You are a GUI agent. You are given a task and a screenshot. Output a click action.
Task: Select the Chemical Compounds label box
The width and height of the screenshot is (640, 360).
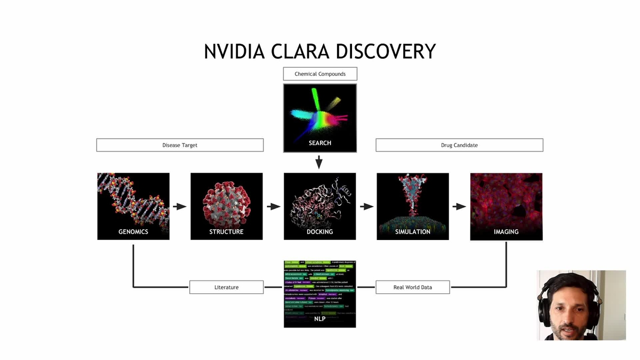coord(320,74)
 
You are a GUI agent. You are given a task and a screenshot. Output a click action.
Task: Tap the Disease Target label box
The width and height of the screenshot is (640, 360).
coord(180,145)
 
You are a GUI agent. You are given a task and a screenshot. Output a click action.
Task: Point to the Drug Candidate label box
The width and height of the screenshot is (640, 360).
coord(459,145)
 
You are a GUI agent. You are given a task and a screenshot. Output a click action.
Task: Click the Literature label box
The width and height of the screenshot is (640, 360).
coord(226,287)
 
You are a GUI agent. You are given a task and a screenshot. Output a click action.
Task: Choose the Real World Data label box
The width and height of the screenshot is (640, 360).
coord(412,287)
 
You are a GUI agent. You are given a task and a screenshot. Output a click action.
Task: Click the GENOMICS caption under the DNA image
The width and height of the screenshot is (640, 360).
coord(133,232)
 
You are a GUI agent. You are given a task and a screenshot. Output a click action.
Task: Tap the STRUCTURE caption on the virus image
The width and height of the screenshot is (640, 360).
coord(226,232)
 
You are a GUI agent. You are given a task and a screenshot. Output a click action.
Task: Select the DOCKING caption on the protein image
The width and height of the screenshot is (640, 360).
coord(319,232)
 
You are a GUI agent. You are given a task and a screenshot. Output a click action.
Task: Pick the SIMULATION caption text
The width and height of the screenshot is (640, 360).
coord(413,232)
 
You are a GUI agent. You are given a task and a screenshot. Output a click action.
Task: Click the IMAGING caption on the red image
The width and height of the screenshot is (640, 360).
coord(506,232)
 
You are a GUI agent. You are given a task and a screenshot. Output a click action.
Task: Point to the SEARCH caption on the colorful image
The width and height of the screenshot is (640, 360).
coord(319,143)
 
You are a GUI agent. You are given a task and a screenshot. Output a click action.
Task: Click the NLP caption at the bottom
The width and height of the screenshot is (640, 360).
coord(319,319)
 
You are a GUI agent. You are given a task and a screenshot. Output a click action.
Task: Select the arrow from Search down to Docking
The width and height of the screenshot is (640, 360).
coord(319,162)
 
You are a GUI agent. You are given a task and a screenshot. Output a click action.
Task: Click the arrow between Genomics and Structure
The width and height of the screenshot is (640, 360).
coord(180,206)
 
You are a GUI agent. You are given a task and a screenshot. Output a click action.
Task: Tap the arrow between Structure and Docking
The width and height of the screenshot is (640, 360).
coord(273,206)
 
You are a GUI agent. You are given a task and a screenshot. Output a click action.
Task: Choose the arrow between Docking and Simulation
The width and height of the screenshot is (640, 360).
coord(366,206)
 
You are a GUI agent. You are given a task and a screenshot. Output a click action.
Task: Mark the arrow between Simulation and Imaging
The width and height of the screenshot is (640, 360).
coord(459,206)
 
